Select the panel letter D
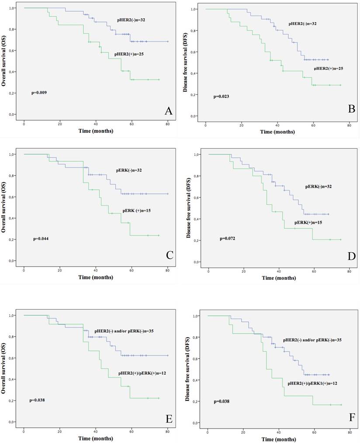351,255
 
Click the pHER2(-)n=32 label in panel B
303,23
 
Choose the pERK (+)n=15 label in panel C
138,210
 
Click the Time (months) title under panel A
96,131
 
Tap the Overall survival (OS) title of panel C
5,206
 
